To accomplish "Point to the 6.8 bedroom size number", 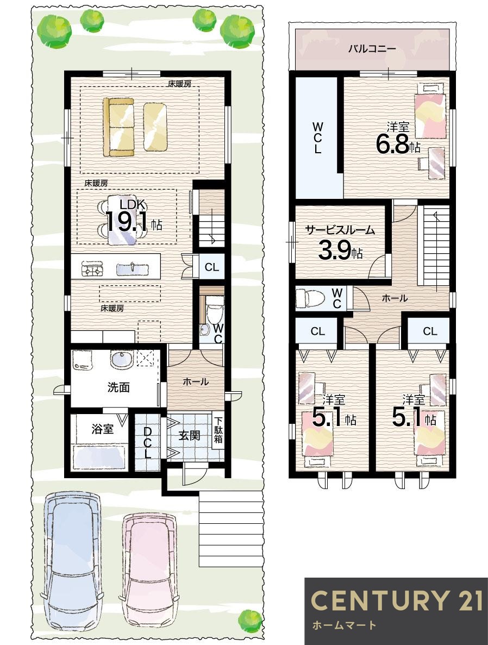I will coord(393,144).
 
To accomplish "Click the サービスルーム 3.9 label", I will coord(340,242).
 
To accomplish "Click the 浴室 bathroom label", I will coord(102,429).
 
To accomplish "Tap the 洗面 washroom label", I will coord(118,387).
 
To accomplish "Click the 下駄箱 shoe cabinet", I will coord(218,431).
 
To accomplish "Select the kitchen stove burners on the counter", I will coord(91,269).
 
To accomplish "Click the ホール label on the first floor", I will coord(195,382).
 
